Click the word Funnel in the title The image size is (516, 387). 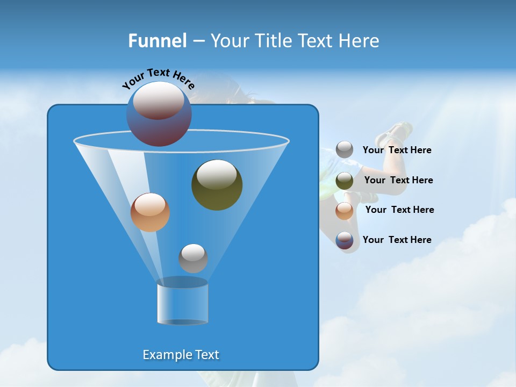[x=157, y=40]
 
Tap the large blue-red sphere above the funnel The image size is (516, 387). [x=159, y=114]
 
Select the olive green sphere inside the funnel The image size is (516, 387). [x=217, y=185]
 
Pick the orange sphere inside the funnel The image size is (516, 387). [x=150, y=212]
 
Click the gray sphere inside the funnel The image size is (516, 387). [x=193, y=258]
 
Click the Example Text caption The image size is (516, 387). [x=181, y=355]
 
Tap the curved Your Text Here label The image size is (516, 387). [x=158, y=79]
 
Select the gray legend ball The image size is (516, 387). [x=345, y=149]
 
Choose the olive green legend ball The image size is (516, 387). [x=345, y=181]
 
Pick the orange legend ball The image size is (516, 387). [x=345, y=211]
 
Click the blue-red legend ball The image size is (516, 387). [x=345, y=240]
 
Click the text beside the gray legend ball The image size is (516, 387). [x=397, y=150]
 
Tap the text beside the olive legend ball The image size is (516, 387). [x=398, y=180]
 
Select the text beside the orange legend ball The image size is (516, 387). [x=399, y=210]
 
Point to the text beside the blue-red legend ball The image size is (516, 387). [x=397, y=240]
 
